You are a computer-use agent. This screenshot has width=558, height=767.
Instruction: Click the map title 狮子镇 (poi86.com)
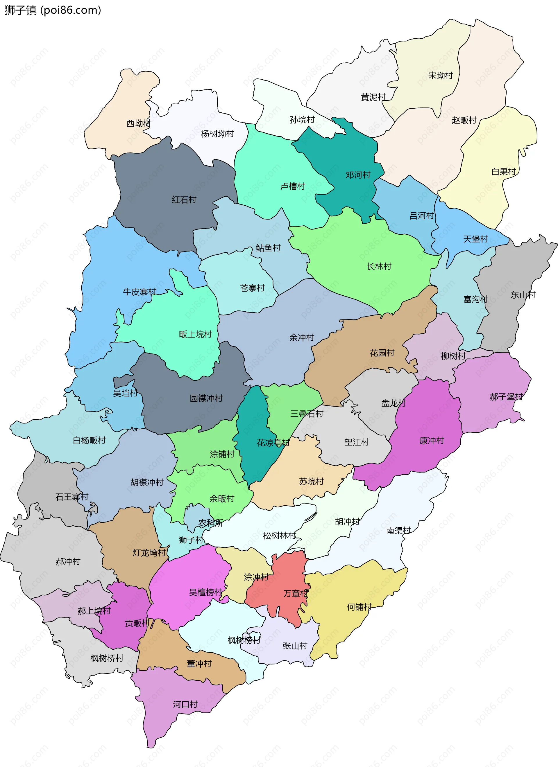[x=52, y=10]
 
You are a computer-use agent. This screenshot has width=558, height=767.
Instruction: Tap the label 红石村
[x=184, y=200]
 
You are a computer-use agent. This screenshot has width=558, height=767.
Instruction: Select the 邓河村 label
[x=358, y=175]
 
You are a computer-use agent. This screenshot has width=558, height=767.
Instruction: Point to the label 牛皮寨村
[x=139, y=292]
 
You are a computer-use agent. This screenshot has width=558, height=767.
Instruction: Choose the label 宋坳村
[x=440, y=76]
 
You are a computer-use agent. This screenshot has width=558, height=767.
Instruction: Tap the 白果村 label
[x=503, y=172]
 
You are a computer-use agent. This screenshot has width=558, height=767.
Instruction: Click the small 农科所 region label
[x=210, y=523]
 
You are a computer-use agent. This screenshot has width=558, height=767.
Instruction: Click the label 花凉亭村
[x=273, y=443]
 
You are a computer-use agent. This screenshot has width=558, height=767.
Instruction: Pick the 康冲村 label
[x=432, y=441]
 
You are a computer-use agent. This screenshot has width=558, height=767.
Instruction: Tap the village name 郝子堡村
[x=506, y=397]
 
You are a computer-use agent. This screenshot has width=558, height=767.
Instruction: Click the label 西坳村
[x=138, y=123]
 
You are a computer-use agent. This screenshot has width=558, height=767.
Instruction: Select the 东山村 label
[x=523, y=295]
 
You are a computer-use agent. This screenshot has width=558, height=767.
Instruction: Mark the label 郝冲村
[x=68, y=562]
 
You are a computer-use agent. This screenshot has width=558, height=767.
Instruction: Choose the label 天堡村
[x=475, y=239]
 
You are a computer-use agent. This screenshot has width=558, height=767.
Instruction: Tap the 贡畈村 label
[x=137, y=623]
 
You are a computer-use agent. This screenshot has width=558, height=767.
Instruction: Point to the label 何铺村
[x=359, y=607]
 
